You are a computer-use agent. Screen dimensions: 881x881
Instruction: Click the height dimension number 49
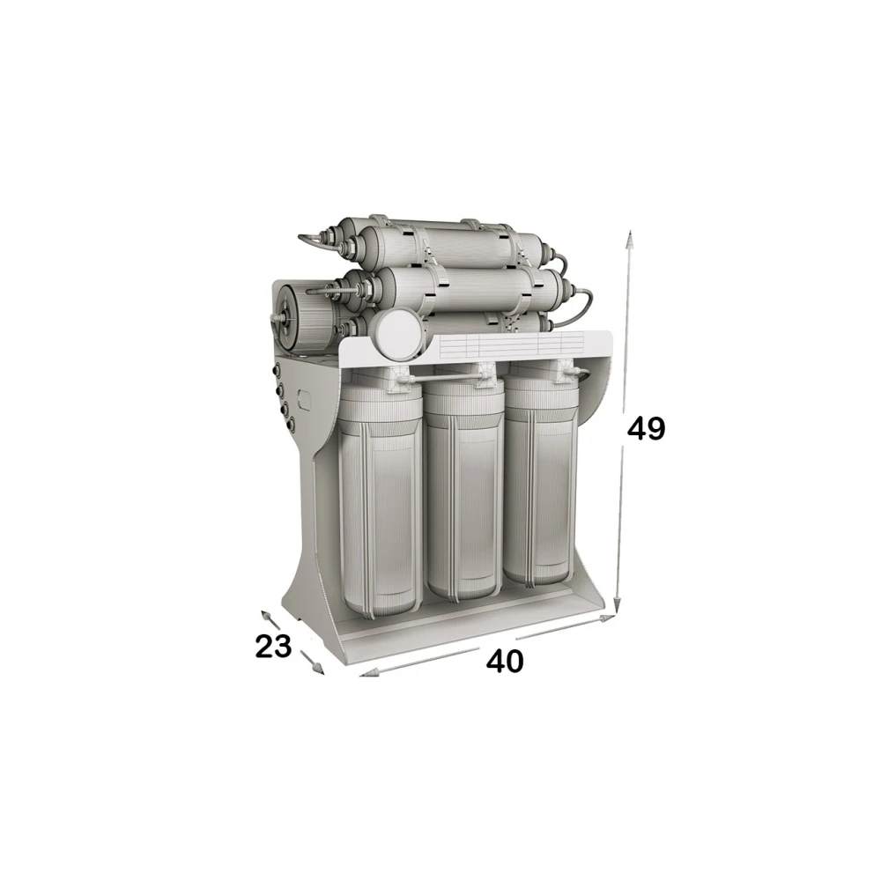[646, 430]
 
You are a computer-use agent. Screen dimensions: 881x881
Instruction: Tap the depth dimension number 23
[274, 646]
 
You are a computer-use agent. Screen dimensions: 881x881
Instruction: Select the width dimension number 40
[505, 662]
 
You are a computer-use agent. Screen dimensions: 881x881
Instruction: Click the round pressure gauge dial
[398, 335]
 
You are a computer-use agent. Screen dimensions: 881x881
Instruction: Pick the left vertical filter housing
[381, 494]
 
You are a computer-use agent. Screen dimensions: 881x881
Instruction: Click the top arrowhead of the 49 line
[631, 239]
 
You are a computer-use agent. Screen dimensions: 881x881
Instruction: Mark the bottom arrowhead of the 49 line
[617, 604]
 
